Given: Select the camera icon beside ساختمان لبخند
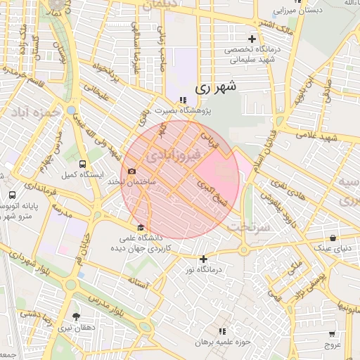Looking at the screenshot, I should (x=131, y=171).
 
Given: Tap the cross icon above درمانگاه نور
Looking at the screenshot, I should (x=203, y=259).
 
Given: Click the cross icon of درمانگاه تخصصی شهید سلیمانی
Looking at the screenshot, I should (x=252, y=39).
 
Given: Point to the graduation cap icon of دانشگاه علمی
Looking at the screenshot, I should (x=141, y=227).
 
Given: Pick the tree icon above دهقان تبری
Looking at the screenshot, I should (x=76, y=316).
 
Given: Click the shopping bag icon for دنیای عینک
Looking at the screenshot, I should (x=335, y=238).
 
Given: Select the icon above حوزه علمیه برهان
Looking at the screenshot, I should (x=223, y=330).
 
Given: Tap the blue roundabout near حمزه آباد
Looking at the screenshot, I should (x=70, y=110).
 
